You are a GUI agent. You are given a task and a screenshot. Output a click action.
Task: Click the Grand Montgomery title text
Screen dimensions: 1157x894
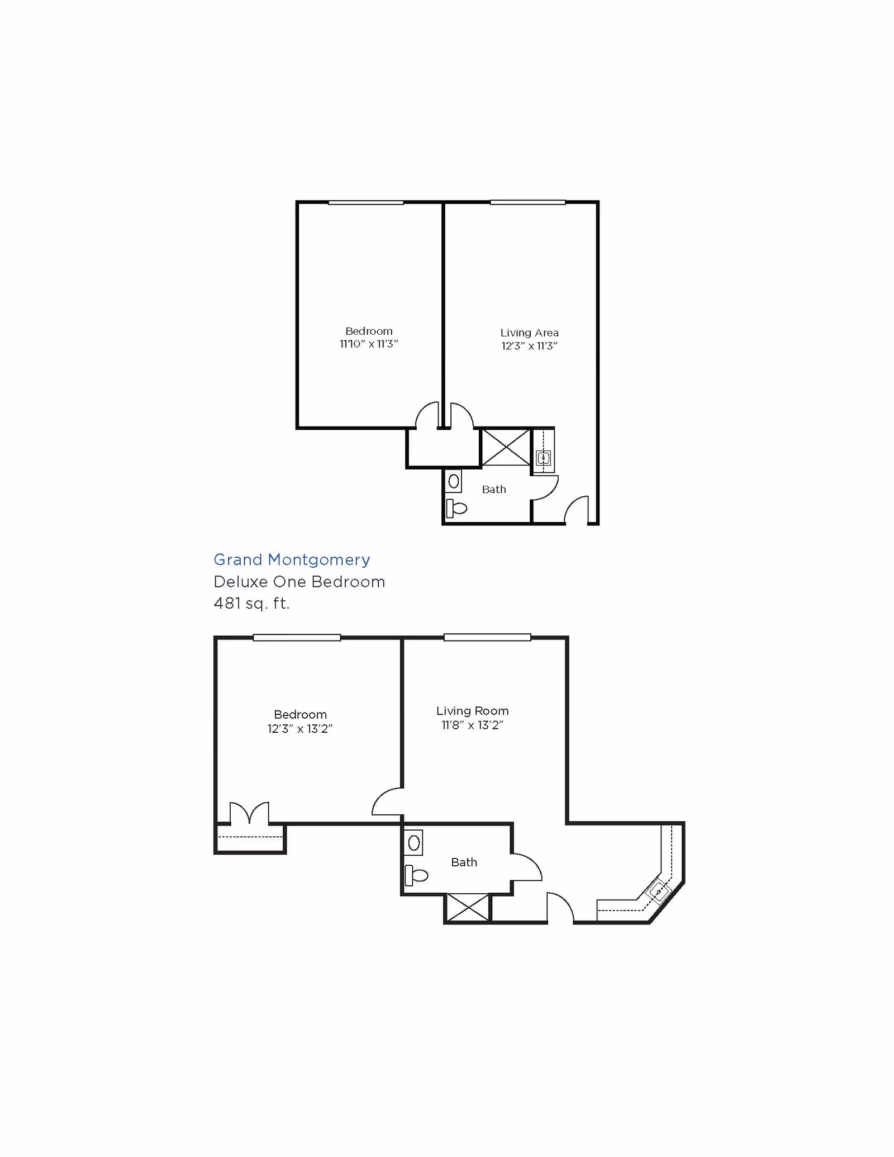292,559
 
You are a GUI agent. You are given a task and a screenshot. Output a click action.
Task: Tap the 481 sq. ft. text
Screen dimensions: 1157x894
251,604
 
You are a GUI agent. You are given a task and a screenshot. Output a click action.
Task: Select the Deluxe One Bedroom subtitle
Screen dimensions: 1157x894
299,582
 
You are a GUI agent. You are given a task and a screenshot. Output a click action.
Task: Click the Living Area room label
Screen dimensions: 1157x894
529,333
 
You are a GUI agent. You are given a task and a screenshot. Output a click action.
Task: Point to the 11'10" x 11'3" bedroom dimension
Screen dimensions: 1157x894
369,344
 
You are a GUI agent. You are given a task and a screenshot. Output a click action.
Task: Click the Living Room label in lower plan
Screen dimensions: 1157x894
472,711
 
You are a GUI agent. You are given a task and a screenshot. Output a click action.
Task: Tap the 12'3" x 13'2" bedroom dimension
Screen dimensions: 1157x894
300,729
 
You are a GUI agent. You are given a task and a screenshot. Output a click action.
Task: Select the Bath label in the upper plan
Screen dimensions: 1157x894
494,490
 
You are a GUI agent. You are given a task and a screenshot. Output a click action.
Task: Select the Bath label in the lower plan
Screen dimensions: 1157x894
464,862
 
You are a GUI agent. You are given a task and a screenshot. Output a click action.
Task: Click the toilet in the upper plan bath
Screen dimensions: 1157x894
456,509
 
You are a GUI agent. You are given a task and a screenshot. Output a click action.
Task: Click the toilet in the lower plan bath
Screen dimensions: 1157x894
416,875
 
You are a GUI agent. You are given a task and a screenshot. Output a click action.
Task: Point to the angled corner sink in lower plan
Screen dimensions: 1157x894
659,892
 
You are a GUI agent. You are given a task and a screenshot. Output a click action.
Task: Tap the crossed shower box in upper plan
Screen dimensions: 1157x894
506,447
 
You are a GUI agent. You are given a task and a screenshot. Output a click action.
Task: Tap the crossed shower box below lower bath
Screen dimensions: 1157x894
468,907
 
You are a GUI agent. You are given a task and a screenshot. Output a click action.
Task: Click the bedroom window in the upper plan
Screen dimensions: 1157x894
366,202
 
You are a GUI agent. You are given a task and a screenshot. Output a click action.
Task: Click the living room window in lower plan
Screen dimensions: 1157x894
487,637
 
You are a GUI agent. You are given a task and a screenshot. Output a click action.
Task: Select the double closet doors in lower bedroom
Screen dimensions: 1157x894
250,813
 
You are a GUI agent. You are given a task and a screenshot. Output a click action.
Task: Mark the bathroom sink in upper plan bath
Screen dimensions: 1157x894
454,481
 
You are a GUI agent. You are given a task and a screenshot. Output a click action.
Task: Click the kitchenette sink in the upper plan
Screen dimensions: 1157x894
543,458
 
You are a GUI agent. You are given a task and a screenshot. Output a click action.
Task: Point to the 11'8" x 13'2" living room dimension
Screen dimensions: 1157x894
472,726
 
